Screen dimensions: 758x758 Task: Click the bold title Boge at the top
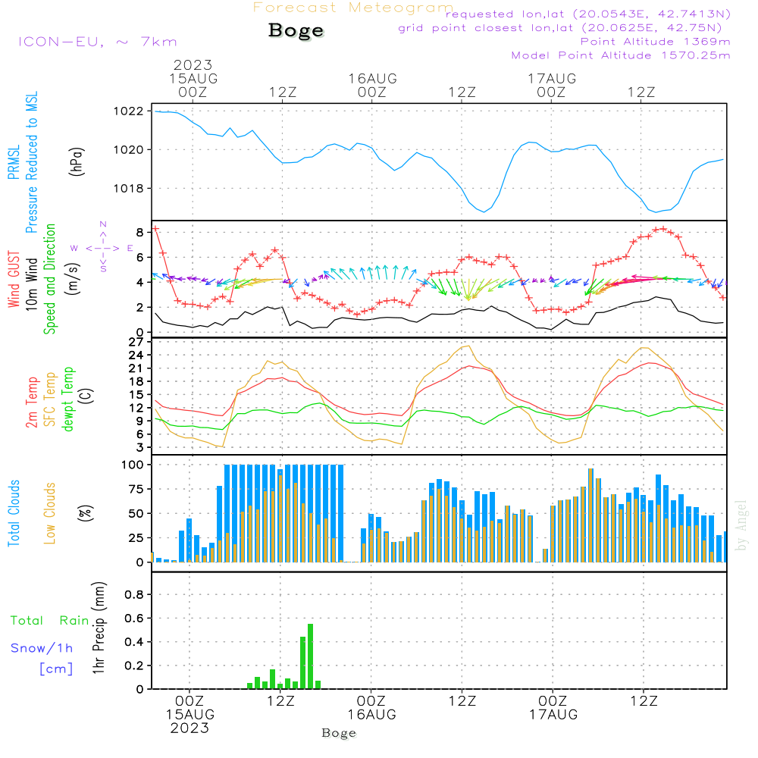pyautogui.click(x=296, y=30)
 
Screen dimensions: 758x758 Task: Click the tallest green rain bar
pyautogui.click(x=310, y=656)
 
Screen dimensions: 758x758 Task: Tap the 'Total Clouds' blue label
pyautogui.click(x=14, y=513)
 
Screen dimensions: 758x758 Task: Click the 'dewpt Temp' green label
pyautogui.click(x=68, y=399)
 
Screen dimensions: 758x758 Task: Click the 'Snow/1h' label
pyautogui.click(x=42, y=648)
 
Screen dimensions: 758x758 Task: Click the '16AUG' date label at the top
pyautogui.click(x=372, y=78)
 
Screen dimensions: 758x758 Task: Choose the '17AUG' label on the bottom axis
pyautogui.click(x=553, y=715)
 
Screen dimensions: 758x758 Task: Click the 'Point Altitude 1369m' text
pyautogui.click(x=655, y=41)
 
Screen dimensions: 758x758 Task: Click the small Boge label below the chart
pyautogui.click(x=339, y=733)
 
